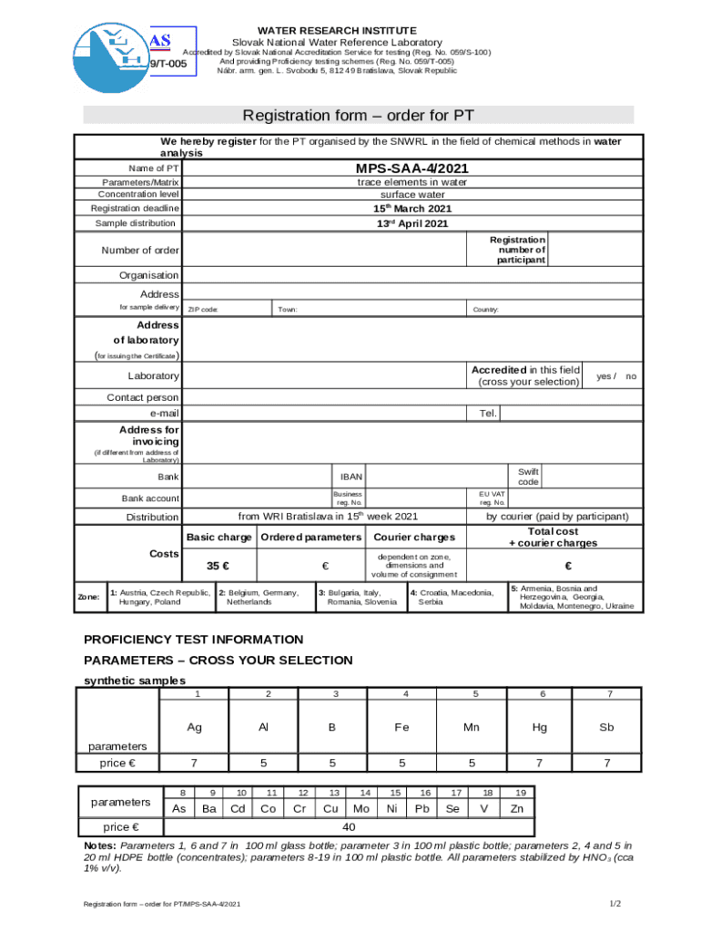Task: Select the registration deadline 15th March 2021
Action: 412,209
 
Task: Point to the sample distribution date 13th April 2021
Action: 412,223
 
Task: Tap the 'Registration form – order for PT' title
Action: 358,116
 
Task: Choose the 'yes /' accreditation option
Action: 605,375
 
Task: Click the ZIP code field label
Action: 202,310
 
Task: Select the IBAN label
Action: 351,477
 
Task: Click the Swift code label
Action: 528,477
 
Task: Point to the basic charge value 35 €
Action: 218,566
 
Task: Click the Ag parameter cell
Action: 195,727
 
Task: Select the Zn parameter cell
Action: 517,808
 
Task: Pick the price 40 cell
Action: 348,827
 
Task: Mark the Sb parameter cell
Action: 606,727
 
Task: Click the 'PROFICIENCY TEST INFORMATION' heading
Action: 193,640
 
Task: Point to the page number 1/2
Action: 615,903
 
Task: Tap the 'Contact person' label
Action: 143,397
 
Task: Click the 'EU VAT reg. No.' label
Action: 493,497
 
